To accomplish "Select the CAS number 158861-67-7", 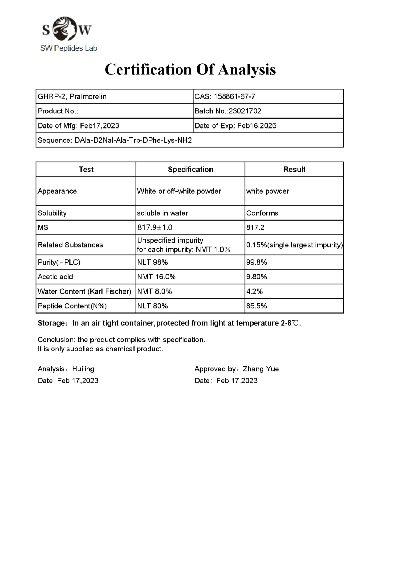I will (x=235, y=96).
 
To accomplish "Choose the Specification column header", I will (x=190, y=169).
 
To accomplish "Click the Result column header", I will (x=294, y=169).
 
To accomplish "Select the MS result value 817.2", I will (x=255, y=227).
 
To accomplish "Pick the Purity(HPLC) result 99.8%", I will (x=257, y=262).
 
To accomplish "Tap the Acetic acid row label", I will (x=55, y=277).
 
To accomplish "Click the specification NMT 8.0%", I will (x=154, y=291).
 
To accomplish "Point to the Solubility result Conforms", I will (x=262, y=213).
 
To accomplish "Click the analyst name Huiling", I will (x=83, y=369).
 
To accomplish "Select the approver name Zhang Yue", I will (x=260, y=369).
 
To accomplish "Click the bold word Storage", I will (x=51, y=323).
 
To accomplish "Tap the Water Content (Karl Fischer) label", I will (x=84, y=291).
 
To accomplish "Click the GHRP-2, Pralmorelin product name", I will (x=72, y=96).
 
